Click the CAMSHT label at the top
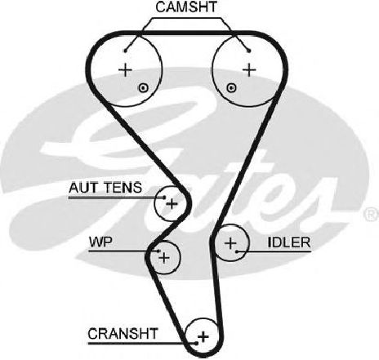pos(186,7)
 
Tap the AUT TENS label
pos(105,188)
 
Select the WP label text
pos(100,242)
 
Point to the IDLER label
pos(289,242)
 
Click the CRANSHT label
pos(123,334)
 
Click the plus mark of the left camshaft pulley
pos(126,70)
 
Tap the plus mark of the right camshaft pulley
pos(249,70)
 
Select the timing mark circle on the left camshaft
pos(143,88)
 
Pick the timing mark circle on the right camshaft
pos(231,87)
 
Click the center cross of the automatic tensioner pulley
pos(172,203)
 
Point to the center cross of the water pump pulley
pos(164,257)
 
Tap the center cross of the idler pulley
pos(230,243)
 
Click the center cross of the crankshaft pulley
pos(203,337)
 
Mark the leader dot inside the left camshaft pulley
pos(125,51)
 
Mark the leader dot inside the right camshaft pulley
pos(248,51)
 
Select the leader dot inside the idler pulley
pos(237,251)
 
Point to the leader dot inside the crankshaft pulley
pos(196,344)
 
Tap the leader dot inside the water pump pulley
pos(158,251)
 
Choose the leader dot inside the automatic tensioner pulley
pos(164,198)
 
